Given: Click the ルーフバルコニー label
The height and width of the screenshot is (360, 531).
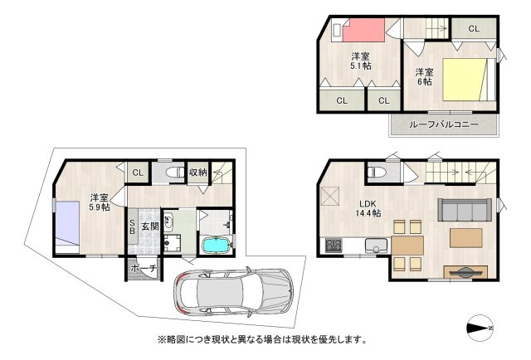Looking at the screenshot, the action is pos(444,124).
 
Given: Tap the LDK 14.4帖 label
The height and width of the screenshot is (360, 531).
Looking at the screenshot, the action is pos(368,208).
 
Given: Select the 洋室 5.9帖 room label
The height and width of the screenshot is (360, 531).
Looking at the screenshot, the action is pos(100,202).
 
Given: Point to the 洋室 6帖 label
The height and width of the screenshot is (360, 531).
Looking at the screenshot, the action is pos(424,77).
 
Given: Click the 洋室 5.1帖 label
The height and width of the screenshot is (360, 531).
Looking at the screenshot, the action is pos(361,61).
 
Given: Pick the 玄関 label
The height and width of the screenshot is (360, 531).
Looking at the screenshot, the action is pos(150,226).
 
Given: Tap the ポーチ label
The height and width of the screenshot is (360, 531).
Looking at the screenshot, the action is pos(144,269).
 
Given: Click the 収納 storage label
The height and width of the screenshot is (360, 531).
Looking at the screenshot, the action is pos(197,173).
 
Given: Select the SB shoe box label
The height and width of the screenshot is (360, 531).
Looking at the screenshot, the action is pos(133,226).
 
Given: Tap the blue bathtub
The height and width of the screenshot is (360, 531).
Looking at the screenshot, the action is pos(217,245).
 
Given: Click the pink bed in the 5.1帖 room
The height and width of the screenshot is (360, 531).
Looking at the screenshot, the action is pos(363,30).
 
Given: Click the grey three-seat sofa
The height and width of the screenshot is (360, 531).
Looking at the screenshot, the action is pos(465,209).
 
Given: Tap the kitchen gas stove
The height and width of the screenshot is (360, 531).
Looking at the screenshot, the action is pos(334,246).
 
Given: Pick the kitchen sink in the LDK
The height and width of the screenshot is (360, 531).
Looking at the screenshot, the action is pos(376,246).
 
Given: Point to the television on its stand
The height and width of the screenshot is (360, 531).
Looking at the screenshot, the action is pos(465,272).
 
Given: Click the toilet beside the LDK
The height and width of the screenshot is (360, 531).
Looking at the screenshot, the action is pos(377,172).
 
